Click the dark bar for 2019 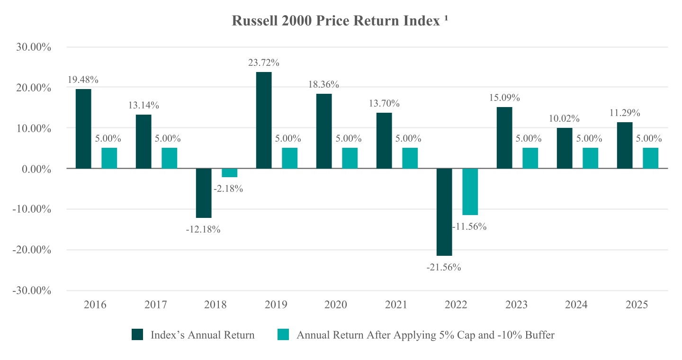[264, 120]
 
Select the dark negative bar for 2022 [444, 212]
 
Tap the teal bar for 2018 [230, 173]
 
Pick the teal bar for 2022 [470, 191]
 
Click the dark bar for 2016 [83, 128]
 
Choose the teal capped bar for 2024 [590, 158]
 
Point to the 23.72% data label [264, 63]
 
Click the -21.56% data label [444, 268]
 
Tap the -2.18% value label [228, 189]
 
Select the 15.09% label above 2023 [504, 98]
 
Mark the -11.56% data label [469, 226]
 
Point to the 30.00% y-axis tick [34, 47]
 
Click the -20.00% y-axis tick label [32, 250]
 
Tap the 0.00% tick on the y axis [36, 169]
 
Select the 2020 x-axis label [335, 305]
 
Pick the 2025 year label [637, 305]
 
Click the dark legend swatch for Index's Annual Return [137, 334]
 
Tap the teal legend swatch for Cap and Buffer [283, 334]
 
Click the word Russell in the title [255, 21]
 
